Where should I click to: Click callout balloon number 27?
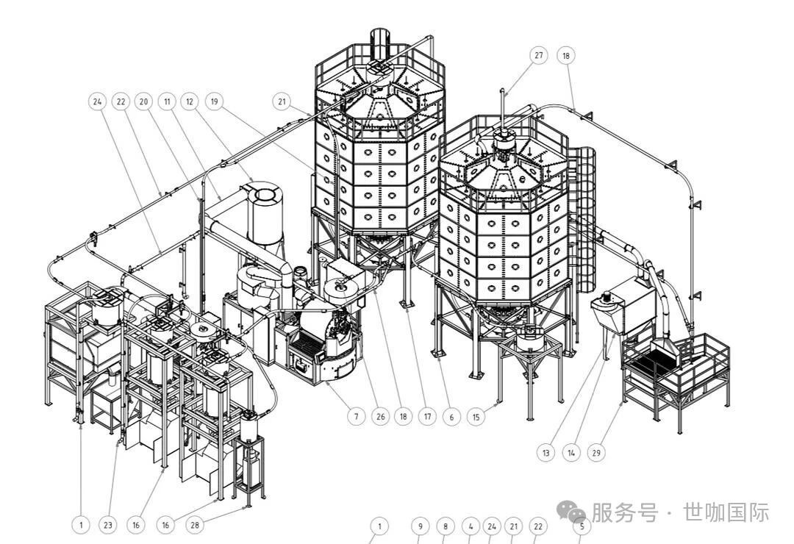(539, 55)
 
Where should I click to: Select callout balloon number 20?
(144, 101)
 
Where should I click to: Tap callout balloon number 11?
(168, 101)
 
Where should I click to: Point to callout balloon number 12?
(190, 101)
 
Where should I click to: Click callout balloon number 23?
(108, 525)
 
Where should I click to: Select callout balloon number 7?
(356, 417)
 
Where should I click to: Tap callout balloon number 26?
(379, 417)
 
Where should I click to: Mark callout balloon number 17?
(427, 417)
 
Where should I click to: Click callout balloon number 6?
(451, 417)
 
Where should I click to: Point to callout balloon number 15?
(476, 417)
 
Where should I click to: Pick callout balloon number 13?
(546, 453)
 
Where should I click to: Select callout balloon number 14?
(571, 453)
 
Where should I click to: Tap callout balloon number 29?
(596, 453)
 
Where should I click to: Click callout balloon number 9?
(420, 526)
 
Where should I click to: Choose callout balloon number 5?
(581, 526)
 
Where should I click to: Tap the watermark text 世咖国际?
(726, 512)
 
